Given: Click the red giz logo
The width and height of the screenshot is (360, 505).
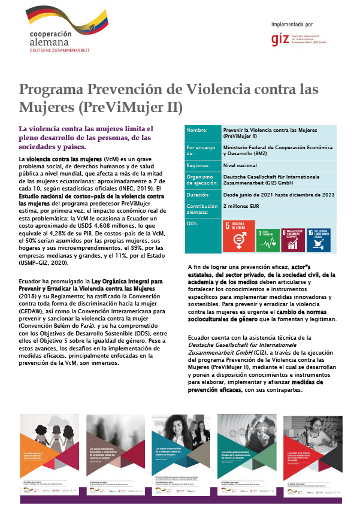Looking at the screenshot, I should [x=279, y=40].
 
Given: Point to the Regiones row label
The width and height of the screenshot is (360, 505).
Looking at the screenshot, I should [x=199, y=163].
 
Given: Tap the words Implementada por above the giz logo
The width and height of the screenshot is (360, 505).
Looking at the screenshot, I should [x=292, y=25].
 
